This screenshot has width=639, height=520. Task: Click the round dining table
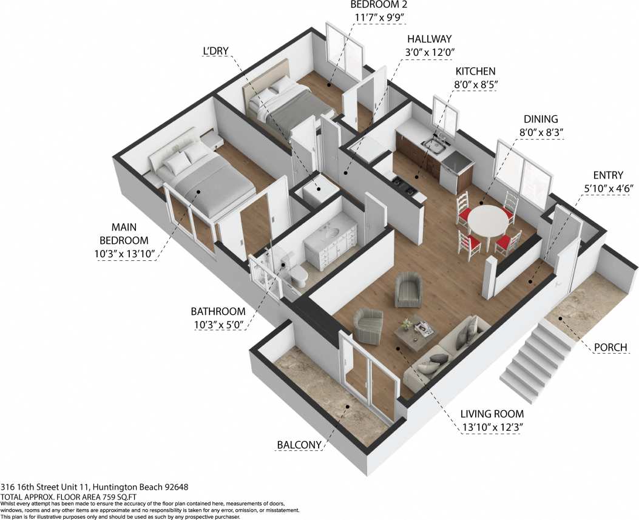pyautogui.click(x=489, y=220)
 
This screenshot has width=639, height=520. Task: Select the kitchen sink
pyautogui.click(x=435, y=144)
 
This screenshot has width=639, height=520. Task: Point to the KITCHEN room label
pyautogui.click(x=476, y=72)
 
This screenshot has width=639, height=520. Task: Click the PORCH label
pyautogui.click(x=610, y=347)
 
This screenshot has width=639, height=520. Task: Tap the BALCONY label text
pyautogui.click(x=299, y=445)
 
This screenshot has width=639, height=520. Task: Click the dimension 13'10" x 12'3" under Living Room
pyautogui.click(x=492, y=427)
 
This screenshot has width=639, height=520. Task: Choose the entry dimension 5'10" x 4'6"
pyautogui.click(x=609, y=188)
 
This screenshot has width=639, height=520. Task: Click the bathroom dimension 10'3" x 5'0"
pyautogui.click(x=218, y=325)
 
